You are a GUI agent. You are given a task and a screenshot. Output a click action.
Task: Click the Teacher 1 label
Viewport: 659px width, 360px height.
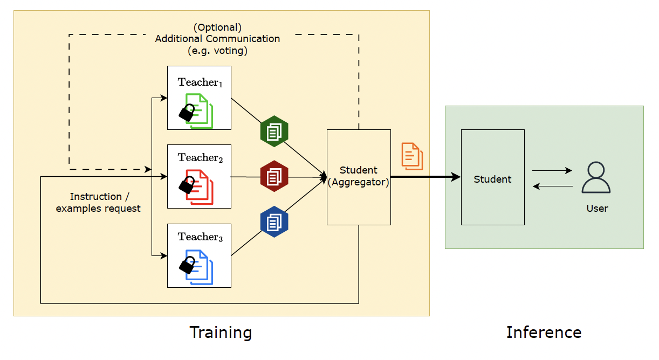pos(200,82)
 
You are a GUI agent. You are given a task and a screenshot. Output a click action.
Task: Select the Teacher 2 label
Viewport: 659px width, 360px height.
pos(200,158)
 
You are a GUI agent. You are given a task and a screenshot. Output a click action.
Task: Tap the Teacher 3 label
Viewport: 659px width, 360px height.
pos(200,237)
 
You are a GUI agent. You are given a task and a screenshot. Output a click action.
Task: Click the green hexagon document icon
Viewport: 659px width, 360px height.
pos(274,131)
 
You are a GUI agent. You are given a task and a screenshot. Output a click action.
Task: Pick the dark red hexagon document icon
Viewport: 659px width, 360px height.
pos(274,176)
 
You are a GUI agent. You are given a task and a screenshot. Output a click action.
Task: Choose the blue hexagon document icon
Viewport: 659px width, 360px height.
pos(274,221)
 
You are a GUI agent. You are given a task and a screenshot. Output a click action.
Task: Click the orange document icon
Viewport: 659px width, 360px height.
pos(412,156)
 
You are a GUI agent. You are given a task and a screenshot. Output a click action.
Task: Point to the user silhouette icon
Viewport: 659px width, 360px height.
pos(596,178)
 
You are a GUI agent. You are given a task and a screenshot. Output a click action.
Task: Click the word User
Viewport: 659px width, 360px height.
pos(597,209)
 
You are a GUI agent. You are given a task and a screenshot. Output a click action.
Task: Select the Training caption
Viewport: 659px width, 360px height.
pos(221,333)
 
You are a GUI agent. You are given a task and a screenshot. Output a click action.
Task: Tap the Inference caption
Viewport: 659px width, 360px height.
pos(544,333)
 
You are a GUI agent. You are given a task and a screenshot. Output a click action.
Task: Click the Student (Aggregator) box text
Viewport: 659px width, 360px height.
pos(359,176)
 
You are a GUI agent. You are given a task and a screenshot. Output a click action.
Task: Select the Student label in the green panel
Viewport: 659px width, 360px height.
pos(492,179)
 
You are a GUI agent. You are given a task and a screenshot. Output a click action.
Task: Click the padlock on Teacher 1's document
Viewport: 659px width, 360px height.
pos(187,112)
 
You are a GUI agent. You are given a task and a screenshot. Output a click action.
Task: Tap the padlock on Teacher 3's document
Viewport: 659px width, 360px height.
pos(187,265)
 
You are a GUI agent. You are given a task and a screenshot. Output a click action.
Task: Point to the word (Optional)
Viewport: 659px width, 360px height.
pos(217,27)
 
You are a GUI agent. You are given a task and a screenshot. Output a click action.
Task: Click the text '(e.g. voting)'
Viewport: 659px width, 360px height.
pos(217,51)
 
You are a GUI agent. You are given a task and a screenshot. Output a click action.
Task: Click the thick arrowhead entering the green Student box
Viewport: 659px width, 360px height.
pos(456,177)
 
